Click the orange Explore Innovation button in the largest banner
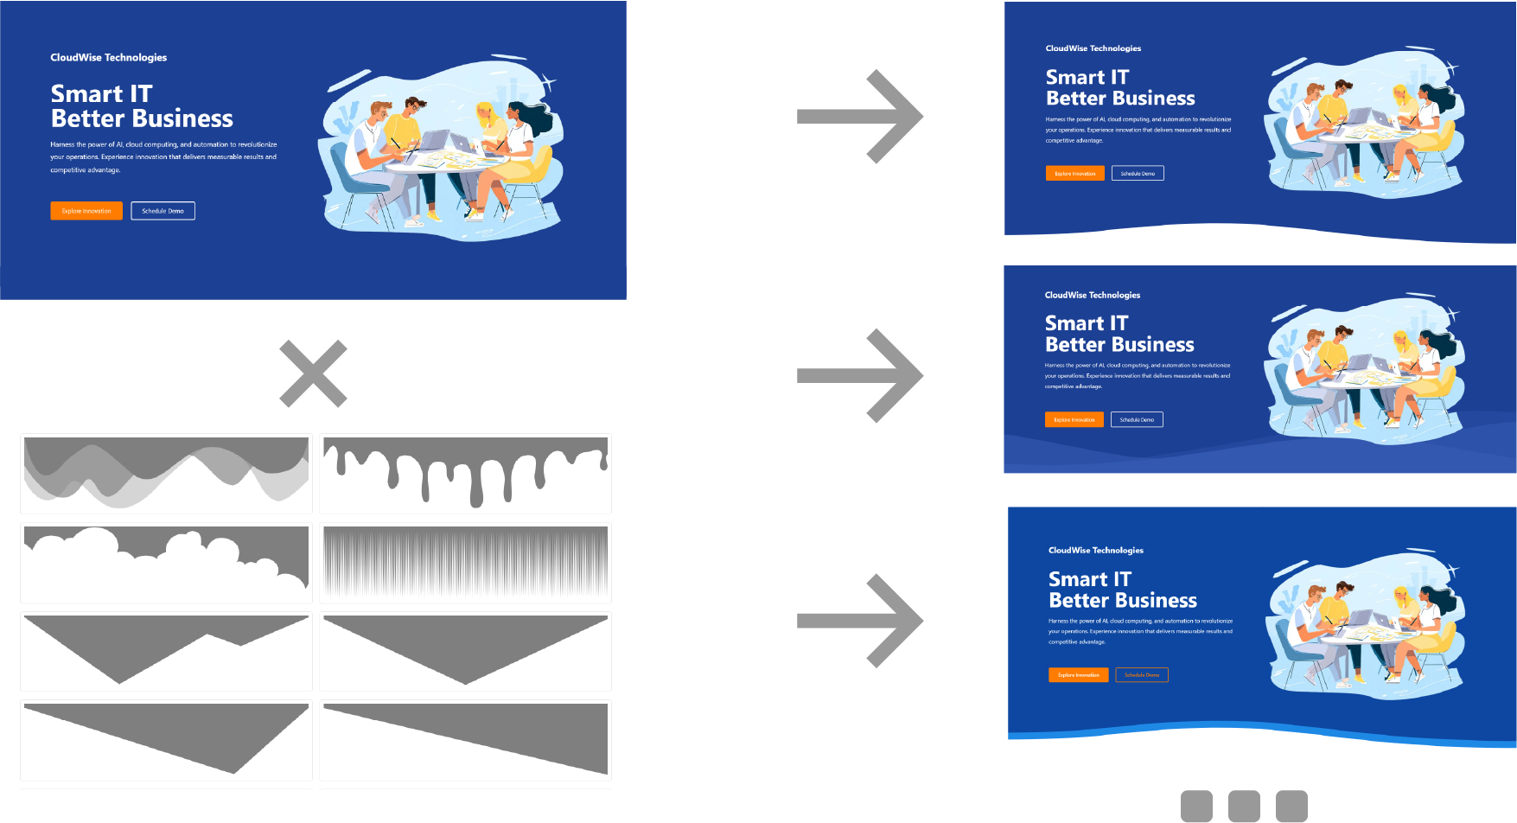point(86,211)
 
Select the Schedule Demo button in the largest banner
point(163,211)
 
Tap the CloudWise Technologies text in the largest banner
point(109,58)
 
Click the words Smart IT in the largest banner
point(102,93)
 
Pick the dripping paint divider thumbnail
point(465,473)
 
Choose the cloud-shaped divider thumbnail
point(166,563)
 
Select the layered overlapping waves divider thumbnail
point(166,473)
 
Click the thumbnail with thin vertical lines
point(465,563)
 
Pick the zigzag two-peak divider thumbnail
point(166,651)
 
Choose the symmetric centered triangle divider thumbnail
point(465,651)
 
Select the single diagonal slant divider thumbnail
point(465,740)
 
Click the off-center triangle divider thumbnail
point(166,740)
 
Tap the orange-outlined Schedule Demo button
point(1142,675)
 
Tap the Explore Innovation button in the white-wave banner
point(1074,174)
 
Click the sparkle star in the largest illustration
point(548,83)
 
